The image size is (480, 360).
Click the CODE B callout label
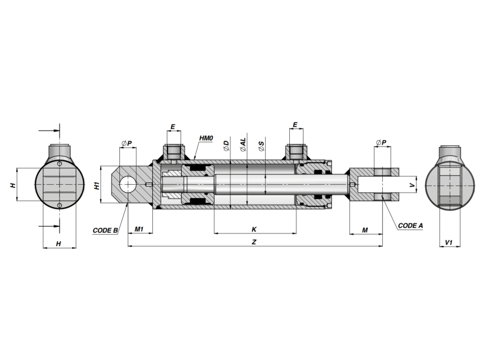pos(106,230)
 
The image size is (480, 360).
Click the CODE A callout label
pos(410,226)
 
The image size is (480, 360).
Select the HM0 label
pos(206,139)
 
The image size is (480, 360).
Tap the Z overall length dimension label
pos(254,242)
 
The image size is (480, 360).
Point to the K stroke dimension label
pos(254,229)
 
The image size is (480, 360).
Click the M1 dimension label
pos(139,229)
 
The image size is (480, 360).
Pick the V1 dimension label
pos(448,242)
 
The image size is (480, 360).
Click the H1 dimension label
pos(97,185)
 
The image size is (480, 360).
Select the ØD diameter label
pos(226,145)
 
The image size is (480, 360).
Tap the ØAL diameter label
pos(243,145)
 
